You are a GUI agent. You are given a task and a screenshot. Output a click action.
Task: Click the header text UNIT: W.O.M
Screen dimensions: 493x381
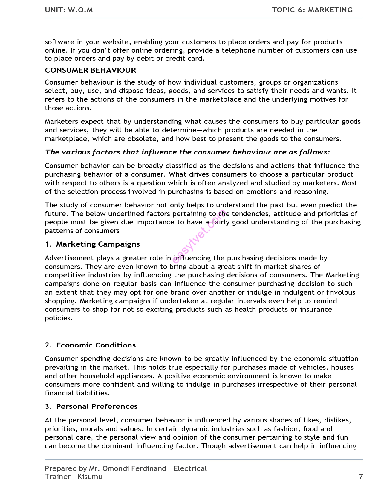click(x=69, y=10)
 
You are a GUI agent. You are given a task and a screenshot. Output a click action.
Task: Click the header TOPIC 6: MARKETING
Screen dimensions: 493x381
click(x=312, y=10)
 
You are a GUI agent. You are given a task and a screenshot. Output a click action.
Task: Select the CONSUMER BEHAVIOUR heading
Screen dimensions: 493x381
click(x=90, y=70)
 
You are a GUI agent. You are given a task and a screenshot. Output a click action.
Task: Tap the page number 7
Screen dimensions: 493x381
click(x=361, y=477)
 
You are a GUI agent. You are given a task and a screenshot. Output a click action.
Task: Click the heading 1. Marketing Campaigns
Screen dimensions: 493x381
click(x=92, y=244)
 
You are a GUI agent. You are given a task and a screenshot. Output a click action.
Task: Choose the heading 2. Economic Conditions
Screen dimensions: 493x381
click(x=90, y=345)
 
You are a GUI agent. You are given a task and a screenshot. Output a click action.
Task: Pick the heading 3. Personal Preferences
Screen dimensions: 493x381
click(x=91, y=406)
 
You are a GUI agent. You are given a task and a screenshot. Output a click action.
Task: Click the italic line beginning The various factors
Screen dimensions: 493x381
click(x=187, y=152)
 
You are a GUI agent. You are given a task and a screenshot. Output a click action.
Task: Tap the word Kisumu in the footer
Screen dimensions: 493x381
click(x=90, y=477)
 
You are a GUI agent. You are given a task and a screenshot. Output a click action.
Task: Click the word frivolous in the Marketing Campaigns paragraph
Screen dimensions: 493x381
click(x=341, y=292)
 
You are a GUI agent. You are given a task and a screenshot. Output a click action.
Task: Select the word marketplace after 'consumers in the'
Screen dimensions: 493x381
click(x=220, y=99)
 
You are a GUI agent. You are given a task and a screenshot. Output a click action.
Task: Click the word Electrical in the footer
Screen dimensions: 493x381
click(x=190, y=468)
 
